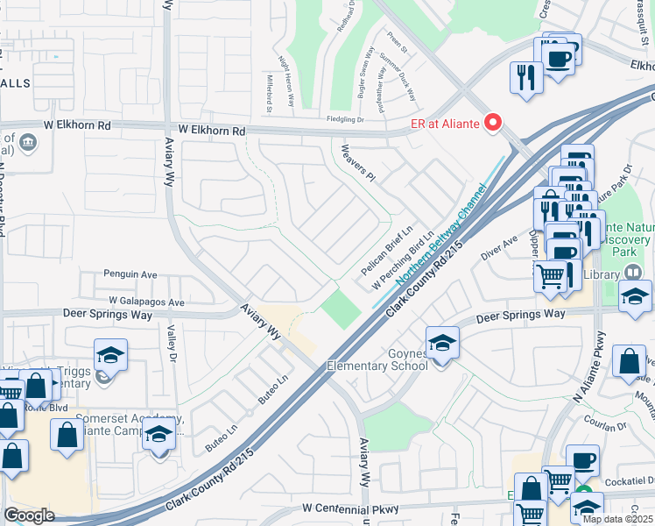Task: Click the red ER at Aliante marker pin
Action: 493,124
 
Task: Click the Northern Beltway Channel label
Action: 440,235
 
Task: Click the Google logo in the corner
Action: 29,515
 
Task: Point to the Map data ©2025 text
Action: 617,519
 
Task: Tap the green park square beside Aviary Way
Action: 341,309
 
